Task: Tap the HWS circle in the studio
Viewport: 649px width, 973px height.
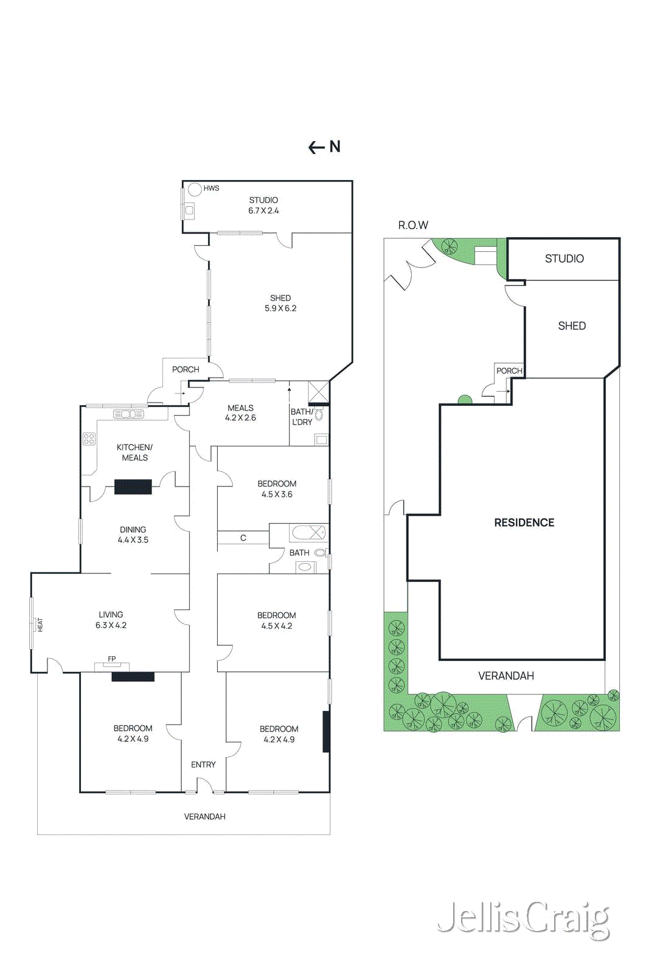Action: (195, 189)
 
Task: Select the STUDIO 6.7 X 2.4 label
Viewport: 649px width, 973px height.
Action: (263, 206)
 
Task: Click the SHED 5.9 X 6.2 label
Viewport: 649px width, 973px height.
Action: (280, 303)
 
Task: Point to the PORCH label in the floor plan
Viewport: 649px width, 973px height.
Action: (186, 369)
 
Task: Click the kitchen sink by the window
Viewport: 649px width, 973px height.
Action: (128, 414)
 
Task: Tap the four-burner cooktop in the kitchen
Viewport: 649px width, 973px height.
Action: (89, 438)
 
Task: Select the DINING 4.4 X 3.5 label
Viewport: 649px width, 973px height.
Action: (133, 535)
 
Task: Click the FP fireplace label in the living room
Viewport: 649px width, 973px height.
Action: (112, 659)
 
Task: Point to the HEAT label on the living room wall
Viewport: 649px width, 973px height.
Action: (40, 625)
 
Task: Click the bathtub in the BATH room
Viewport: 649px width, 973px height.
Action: (308, 533)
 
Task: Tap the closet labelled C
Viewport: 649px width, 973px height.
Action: (243, 538)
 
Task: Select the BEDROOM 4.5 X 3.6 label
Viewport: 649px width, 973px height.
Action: (277, 489)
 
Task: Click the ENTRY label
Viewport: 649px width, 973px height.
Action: (203, 764)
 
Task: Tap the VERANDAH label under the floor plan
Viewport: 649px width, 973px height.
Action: (205, 817)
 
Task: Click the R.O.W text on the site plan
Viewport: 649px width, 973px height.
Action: (413, 225)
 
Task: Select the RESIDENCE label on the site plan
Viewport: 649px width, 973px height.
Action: (524, 522)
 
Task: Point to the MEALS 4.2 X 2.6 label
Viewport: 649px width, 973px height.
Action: (240, 413)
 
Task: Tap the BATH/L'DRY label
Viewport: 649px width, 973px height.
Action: (302, 417)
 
